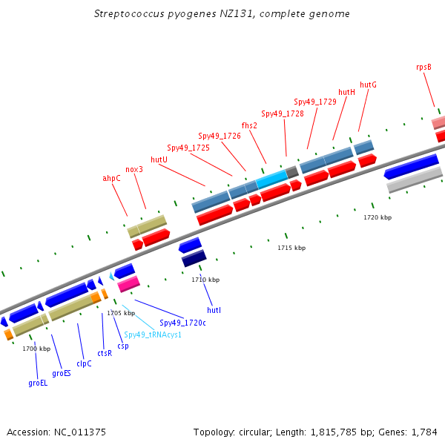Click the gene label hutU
[x=159, y=159]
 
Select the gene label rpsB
[x=423, y=67]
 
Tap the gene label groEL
[x=38, y=383]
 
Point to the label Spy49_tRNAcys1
[x=153, y=334]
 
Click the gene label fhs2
[x=249, y=125]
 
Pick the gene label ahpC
[x=111, y=178]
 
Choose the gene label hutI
[x=214, y=309]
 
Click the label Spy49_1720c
[x=182, y=323]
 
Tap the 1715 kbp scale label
[x=291, y=248]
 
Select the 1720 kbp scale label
[x=378, y=217]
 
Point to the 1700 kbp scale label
[x=36, y=348]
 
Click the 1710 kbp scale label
[x=205, y=280]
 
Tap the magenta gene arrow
[x=128, y=283]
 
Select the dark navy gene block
[x=194, y=259]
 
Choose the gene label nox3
[x=134, y=169]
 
